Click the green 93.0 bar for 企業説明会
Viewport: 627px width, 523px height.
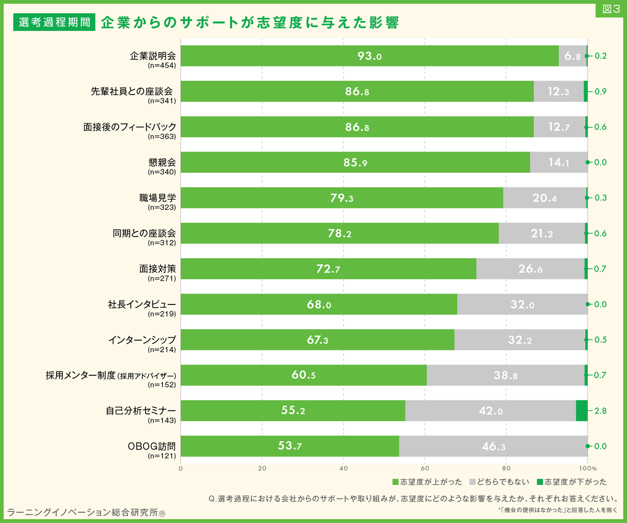coord(369,56)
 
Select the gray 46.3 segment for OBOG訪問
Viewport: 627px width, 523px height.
coord(493,446)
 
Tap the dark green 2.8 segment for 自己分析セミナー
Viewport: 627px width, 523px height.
coord(582,411)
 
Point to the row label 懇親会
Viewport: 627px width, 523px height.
coord(162,163)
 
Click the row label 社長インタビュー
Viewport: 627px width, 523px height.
coord(142,304)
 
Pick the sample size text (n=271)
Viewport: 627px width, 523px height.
coord(162,278)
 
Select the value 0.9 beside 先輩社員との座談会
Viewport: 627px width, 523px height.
coord(600,92)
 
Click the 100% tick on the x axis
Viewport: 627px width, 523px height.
coord(588,468)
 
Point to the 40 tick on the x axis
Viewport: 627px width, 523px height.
coord(343,468)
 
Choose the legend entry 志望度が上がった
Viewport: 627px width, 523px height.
coord(427,482)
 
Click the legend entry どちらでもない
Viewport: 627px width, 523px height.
coord(499,482)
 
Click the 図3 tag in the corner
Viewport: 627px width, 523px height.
coord(611,10)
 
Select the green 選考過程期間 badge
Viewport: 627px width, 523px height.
coord(54,22)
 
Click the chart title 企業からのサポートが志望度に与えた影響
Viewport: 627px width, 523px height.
coord(250,23)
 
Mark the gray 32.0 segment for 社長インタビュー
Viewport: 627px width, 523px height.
coord(522,304)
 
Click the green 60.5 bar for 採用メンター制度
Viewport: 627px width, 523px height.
coord(303,375)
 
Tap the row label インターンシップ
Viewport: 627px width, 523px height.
coord(142,340)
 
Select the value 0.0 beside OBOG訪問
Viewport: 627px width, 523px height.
coord(600,446)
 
